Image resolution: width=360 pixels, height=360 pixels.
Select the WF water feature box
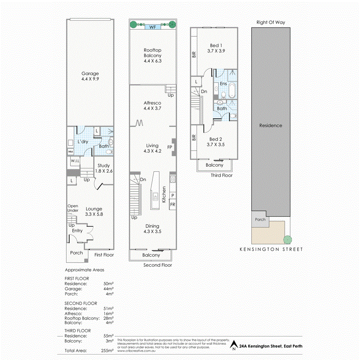(x=152, y=28)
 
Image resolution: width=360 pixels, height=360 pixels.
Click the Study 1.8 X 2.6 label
(x=104, y=168)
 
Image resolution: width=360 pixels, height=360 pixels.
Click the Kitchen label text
(x=164, y=195)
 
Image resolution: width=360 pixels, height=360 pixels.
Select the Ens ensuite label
(x=224, y=84)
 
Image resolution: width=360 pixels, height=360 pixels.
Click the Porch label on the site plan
(x=260, y=219)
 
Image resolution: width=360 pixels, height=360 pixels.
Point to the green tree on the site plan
(x=287, y=240)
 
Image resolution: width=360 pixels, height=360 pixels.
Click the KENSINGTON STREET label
(x=271, y=249)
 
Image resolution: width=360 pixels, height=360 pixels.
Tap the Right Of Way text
(x=271, y=22)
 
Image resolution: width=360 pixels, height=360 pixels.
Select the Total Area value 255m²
(x=108, y=351)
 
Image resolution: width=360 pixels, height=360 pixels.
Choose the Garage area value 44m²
(x=108, y=288)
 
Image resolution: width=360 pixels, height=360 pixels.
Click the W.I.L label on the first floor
(x=75, y=161)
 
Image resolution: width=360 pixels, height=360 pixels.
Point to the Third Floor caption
(x=222, y=175)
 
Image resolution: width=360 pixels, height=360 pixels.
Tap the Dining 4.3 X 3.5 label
(x=152, y=229)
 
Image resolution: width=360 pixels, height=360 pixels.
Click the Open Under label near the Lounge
(x=73, y=208)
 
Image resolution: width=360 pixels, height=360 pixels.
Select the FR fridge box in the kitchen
(x=173, y=204)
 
